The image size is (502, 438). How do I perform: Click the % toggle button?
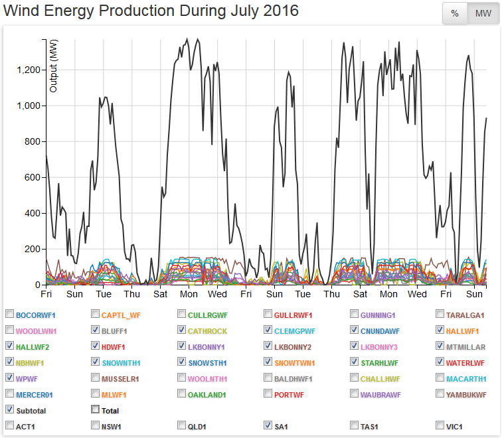click(x=455, y=14)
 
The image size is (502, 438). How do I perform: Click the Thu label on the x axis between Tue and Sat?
click(x=132, y=294)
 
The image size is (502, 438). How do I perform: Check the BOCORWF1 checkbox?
click(x=9, y=314)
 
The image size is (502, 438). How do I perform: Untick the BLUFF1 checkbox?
click(x=96, y=330)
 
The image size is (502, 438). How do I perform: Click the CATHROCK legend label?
click(x=207, y=330)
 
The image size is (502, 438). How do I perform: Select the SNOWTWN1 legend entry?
click(x=295, y=362)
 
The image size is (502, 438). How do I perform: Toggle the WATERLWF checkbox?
click(x=441, y=362)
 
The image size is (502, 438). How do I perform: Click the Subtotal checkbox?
click(x=9, y=409)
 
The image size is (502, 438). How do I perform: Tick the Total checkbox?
click(x=96, y=409)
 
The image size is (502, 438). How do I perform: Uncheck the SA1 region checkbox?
click(x=268, y=425)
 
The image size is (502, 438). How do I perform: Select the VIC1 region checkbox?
click(x=441, y=425)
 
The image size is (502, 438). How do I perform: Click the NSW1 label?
click(x=114, y=425)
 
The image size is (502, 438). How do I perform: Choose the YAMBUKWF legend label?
click(x=467, y=394)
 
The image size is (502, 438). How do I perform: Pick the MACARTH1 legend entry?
click(x=467, y=378)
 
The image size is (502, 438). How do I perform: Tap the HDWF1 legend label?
click(x=114, y=346)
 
